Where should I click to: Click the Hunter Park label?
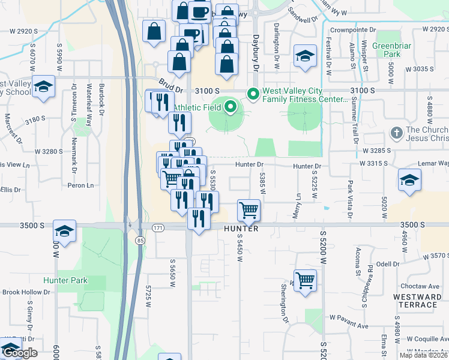tap(65, 280)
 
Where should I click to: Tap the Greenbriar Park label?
tap(386, 50)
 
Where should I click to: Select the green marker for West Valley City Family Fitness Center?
tap(253, 94)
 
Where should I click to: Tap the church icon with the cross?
tap(396, 132)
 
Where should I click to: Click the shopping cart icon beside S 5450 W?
tap(249, 211)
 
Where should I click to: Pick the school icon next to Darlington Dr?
tap(305, 56)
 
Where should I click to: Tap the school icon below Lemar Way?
tap(409, 180)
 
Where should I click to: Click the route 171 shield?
tap(158, 229)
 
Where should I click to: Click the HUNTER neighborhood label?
tap(241, 229)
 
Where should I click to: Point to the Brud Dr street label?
tap(170, 85)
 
